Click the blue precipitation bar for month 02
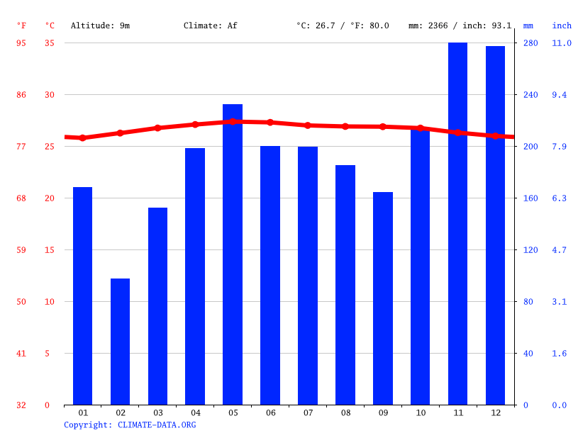point(120,342)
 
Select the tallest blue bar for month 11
point(457,223)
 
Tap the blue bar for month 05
point(233,254)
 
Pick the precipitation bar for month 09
point(382,298)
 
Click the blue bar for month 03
point(157,306)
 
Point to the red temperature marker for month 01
point(82,138)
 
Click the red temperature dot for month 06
point(270,123)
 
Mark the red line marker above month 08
point(345,126)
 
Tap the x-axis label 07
point(308,412)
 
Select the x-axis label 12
point(495,412)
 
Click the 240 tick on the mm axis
point(530,95)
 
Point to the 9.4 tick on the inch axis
point(560,95)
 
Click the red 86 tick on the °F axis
point(21,95)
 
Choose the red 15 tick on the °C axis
point(48,250)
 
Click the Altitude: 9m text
point(100,26)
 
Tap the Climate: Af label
point(210,26)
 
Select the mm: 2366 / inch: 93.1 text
point(460,26)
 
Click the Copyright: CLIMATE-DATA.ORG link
point(130,424)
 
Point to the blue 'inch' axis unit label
point(562,26)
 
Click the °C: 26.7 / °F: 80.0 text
point(343,26)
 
